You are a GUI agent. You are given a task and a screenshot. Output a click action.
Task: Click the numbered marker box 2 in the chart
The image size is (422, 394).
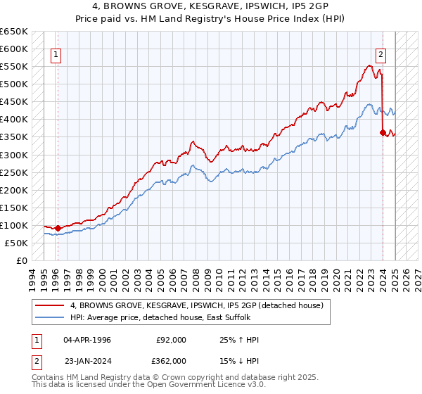click(x=381, y=54)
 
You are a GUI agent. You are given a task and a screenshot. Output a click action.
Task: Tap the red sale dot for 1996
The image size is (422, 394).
click(x=58, y=228)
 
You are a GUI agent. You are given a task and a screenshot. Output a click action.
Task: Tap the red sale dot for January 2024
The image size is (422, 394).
click(x=382, y=132)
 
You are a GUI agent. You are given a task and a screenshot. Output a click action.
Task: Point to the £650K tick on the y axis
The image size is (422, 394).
click(x=14, y=32)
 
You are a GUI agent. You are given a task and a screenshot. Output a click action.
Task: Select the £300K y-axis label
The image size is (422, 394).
click(x=14, y=155)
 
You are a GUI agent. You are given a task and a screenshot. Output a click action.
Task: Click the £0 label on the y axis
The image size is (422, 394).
click(x=23, y=260)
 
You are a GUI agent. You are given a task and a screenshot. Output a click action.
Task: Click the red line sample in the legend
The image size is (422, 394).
click(x=51, y=305)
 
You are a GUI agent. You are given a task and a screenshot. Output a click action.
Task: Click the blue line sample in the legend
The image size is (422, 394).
click(x=51, y=317)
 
